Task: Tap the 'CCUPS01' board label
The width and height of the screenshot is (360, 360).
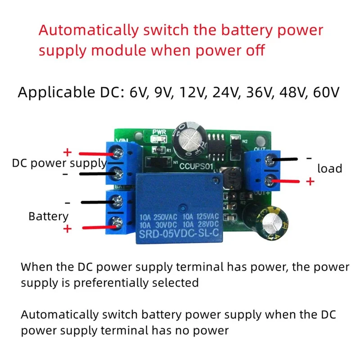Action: pos(196,166)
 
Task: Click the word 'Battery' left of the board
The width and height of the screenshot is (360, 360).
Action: pos(48,216)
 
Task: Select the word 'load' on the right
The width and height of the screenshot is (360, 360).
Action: pos(330,169)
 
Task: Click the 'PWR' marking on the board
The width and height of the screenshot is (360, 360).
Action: pos(159,132)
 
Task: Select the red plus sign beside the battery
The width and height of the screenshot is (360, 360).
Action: pos(67,229)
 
